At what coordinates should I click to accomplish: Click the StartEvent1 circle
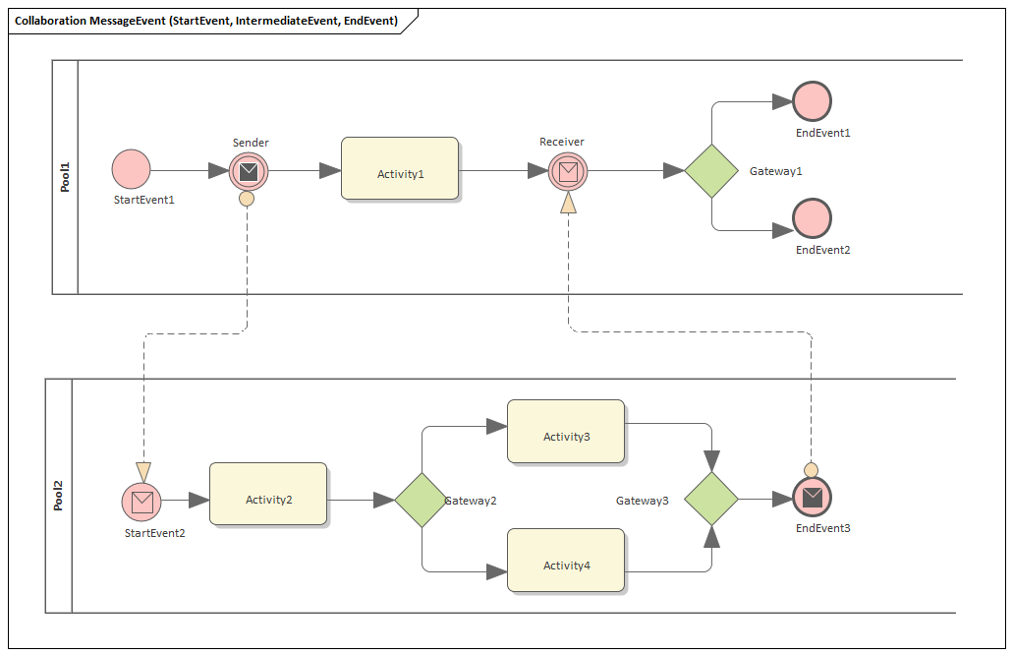131,169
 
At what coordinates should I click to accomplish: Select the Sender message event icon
249,171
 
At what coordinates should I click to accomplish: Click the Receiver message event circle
567,171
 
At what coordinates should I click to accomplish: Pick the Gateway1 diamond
711,171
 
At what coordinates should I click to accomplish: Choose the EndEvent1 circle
812,101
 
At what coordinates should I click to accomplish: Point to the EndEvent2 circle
812,218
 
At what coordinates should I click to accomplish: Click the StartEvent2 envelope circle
142,502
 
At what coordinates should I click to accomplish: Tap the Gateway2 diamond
422,500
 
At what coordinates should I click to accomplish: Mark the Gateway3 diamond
711,499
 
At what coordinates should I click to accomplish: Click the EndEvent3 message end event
812,498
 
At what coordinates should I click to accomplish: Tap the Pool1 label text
65,177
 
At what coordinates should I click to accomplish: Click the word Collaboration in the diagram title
54,21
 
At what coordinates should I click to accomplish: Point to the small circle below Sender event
247,199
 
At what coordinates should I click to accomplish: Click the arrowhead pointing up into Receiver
568,203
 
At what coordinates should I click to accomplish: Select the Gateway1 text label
776,171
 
